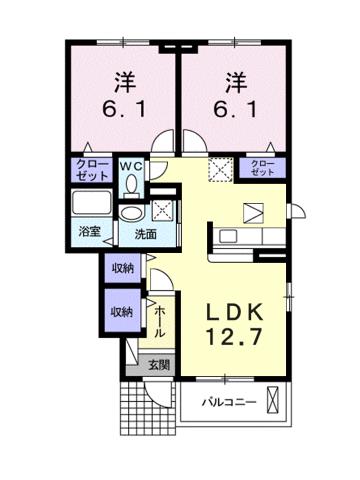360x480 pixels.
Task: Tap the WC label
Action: [x=132, y=165]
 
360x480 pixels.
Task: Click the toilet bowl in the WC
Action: [x=131, y=185]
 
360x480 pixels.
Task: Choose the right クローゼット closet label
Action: [x=261, y=167]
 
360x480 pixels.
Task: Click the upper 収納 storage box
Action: [x=122, y=268]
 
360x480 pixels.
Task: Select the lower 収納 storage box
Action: [x=122, y=312]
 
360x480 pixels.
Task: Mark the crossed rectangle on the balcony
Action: [x=276, y=406]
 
